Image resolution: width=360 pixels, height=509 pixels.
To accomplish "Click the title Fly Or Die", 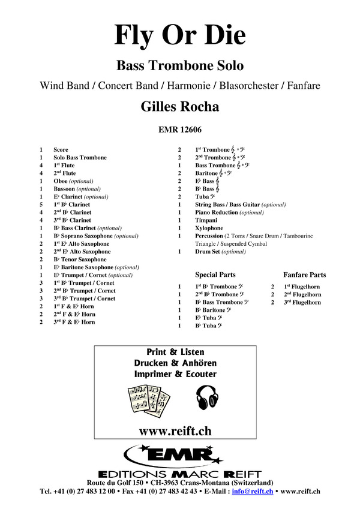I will [180, 35].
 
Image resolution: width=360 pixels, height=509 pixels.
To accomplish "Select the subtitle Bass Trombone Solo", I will [180, 65].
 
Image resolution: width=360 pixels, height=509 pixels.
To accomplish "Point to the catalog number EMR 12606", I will [180, 128].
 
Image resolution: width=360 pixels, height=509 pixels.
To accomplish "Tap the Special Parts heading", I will [215, 275].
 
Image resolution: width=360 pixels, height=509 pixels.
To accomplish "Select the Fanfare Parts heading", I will [305, 275].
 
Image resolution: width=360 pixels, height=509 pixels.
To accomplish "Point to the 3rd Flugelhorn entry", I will [302, 303].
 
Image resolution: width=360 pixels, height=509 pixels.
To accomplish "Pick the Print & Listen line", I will [176, 352].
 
